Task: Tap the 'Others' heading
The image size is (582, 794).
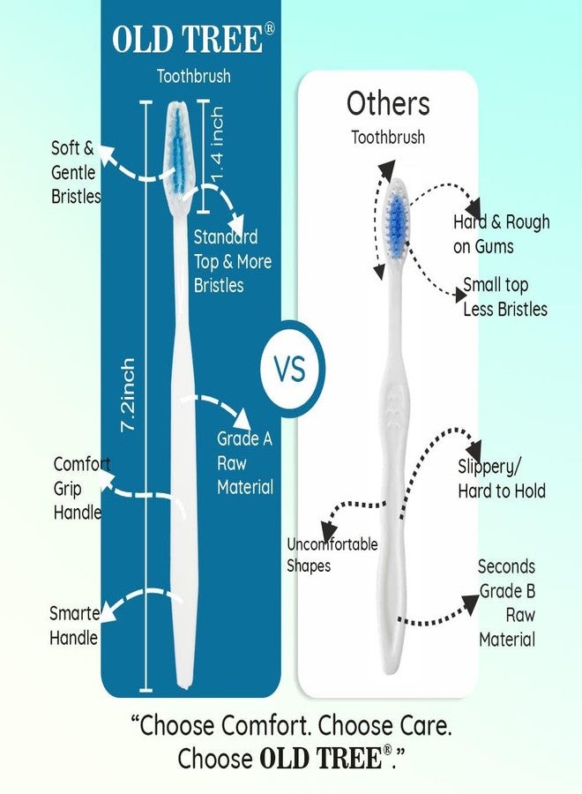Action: point(387,104)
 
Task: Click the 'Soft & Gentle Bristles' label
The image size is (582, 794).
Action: point(75,172)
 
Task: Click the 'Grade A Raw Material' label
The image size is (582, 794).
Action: point(244,463)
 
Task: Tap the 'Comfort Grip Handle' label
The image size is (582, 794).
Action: point(81,488)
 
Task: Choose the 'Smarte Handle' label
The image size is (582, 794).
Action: point(74,625)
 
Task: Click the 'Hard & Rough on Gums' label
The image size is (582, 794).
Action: point(501,234)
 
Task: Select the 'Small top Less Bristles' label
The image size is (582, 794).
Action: point(504,296)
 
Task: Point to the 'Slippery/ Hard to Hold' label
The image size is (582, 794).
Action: point(501,478)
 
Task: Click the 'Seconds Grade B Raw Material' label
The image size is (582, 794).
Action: point(507,603)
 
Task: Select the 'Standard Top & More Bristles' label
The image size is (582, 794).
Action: point(232,261)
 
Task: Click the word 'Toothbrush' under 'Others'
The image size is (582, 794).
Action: point(387,138)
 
